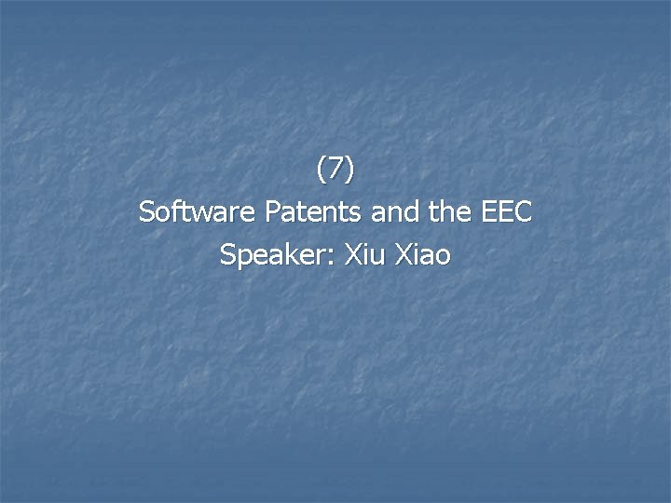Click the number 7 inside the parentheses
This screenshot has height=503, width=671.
[335, 170]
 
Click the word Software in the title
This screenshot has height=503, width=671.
[198, 212]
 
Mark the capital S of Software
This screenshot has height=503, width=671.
[146, 212]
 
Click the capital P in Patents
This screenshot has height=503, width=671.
[273, 212]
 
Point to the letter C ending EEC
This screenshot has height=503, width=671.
[523, 212]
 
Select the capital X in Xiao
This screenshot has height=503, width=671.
[404, 255]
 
